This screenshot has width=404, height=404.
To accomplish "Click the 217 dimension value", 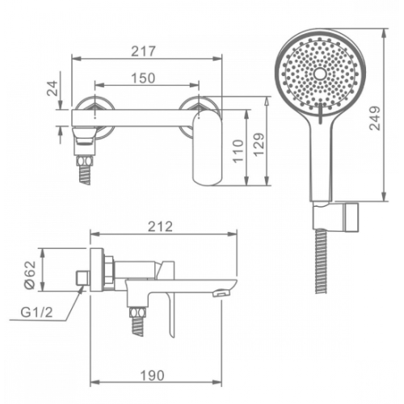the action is click(144, 51).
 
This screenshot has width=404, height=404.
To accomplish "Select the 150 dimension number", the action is click(143, 78).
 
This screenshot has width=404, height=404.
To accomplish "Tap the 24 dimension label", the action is click(53, 88).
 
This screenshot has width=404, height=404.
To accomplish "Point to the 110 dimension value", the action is click(238, 151).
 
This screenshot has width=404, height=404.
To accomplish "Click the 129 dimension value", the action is click(259, 144).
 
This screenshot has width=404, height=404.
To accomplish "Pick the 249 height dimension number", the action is click(375, 118).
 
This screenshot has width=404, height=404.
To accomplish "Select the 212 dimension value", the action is click(160, 226).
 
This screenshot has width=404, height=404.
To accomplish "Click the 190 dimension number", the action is click(152, 376).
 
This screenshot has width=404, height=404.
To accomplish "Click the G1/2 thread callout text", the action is click(36, 313).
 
